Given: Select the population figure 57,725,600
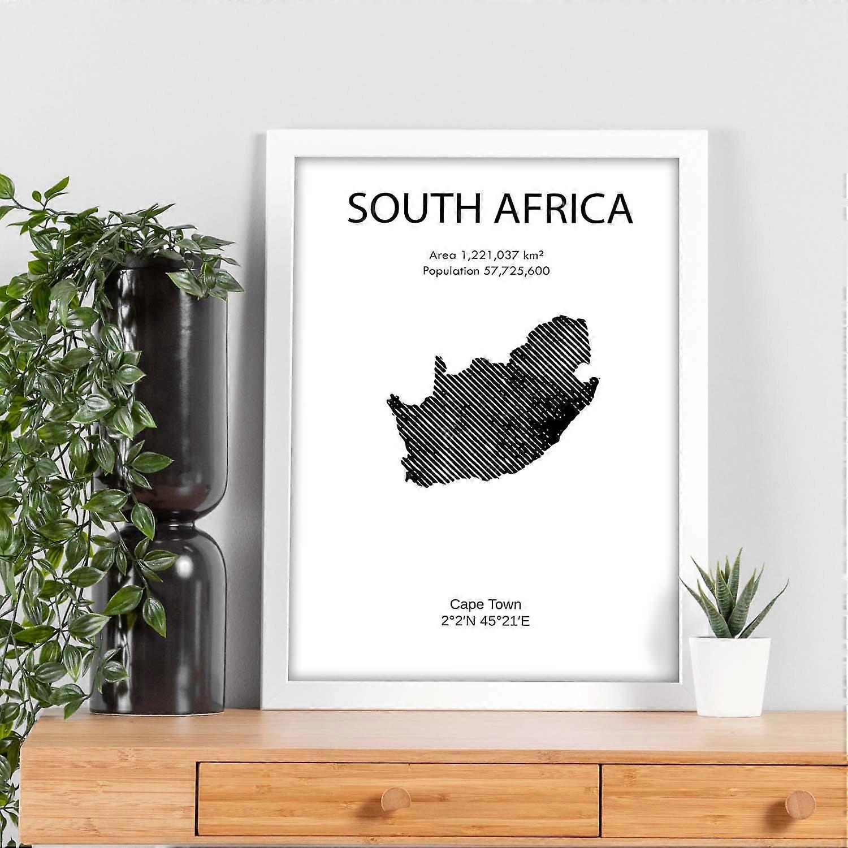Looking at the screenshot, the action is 516,271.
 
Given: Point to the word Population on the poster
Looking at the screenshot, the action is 451,271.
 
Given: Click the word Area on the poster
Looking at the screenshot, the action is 442,255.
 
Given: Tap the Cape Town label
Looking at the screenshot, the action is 486,604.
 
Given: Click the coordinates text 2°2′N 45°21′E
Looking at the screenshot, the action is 486,621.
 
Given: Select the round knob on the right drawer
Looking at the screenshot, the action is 800,803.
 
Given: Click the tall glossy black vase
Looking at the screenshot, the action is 164,396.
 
